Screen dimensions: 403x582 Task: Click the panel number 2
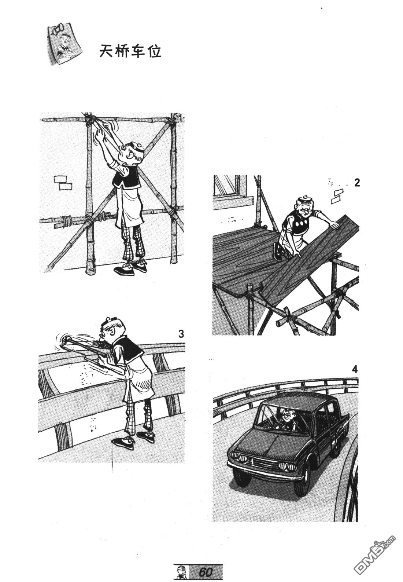tap(357, 183)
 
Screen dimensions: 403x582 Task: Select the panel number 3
tap(181, 334)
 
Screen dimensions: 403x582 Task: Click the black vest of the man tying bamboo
tap(127, 177)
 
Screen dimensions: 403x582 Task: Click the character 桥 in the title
tap(122, 52)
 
